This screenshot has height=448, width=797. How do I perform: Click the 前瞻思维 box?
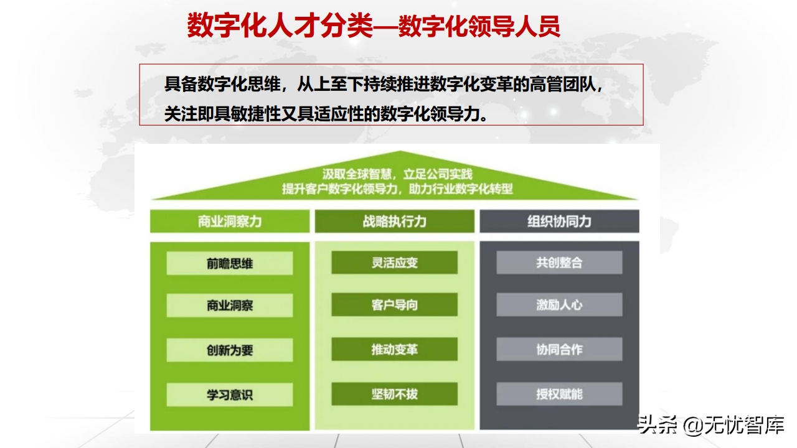point(230,263)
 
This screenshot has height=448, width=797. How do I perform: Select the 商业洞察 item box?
point(230,305)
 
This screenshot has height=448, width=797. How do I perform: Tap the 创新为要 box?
point(230,350)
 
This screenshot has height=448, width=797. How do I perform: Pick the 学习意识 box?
point(230,394)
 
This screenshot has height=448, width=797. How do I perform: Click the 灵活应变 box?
point(394,263)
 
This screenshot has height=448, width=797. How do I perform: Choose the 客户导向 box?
point(394,304)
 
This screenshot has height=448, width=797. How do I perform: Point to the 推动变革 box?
point(394,349)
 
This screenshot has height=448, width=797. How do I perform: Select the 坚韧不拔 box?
point(394,394)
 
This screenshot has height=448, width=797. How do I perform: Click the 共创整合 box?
point(559,263)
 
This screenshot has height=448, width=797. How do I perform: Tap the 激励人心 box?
point(559,304)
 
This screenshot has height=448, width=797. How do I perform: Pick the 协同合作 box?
point(559,349)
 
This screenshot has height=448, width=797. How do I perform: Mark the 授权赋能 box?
point(559,394)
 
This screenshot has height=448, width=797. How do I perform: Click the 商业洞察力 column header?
point(230,221)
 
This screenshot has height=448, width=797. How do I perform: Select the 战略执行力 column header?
point(394,221)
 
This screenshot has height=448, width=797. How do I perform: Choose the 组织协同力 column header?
point(559,221)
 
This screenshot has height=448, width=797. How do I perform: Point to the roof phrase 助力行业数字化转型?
point(461,189)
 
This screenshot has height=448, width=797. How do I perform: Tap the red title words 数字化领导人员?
point(479,26)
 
